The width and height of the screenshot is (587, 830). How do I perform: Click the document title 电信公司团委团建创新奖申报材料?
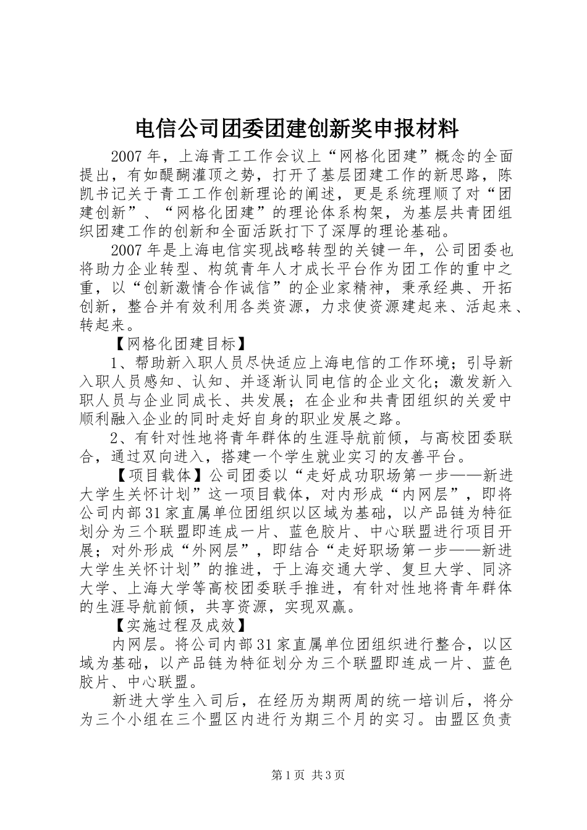pos(296,129)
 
